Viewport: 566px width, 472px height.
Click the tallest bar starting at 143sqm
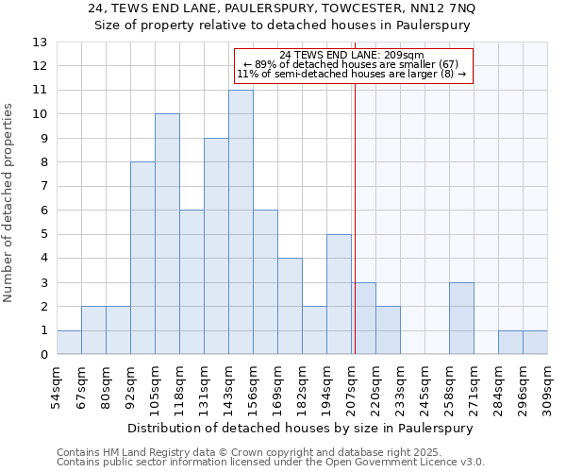[241, 222]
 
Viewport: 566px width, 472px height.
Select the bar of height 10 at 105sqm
[167, 234]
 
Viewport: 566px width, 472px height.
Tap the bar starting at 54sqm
[69, 343]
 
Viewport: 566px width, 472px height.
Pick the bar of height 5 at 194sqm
[339, 295]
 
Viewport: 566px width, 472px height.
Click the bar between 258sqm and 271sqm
[461, 318]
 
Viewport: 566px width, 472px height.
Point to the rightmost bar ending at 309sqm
[535, 343]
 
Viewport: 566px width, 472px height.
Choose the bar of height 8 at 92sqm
[142, 258]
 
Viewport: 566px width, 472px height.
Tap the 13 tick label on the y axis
[40, 42]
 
